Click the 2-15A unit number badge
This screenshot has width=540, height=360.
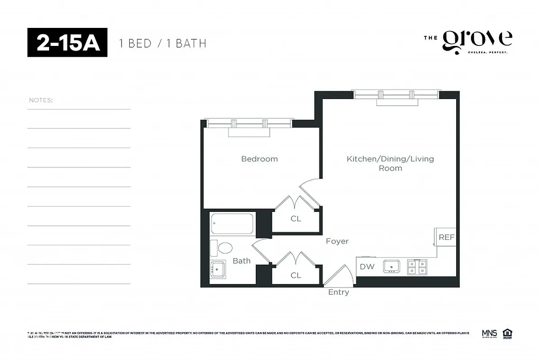(67, 43)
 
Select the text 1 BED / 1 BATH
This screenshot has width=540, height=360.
(162, 43)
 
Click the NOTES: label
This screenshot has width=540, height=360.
(41, 100)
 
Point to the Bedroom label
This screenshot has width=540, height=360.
(259, 159)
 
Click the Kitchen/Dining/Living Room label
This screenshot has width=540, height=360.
(390, 163)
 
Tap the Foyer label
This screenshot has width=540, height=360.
(337, 241)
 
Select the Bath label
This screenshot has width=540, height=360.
(241, 261)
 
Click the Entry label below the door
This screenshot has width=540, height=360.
(338, 292)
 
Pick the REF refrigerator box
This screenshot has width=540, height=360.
(446, 237)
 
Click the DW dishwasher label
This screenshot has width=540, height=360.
(367, 266)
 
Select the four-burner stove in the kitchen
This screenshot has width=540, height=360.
(417, 266)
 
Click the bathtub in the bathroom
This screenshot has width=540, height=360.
(232, 224)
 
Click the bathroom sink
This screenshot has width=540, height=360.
(218, 269)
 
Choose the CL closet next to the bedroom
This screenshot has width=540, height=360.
(295, 219)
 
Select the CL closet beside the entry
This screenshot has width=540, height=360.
(295, 275)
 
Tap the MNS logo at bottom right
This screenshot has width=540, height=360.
(489, 333)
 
